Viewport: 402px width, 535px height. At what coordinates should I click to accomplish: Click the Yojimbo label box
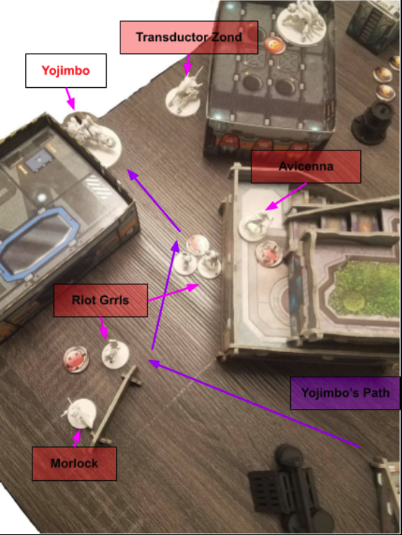(x=66, y=71)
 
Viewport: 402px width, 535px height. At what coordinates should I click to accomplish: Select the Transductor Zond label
(x=189, y=37)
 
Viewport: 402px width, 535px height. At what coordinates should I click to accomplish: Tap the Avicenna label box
(x=305, y=166)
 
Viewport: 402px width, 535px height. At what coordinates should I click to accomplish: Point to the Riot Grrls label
(x=101, y=300)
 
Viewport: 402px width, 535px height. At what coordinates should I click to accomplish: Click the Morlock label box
(x=74, y=463)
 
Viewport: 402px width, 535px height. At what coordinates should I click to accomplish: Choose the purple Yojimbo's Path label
(x=345, y=392)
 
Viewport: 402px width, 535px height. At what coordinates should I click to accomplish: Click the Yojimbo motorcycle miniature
(x=92, y=137)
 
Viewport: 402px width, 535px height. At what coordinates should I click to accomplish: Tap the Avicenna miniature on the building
(x=255, y=225)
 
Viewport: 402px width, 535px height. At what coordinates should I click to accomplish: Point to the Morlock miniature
(x=79, y=412)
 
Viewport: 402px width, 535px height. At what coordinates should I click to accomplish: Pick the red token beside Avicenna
(x=269, y=253)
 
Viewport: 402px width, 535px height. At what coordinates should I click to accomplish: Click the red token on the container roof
(x=274, y=45)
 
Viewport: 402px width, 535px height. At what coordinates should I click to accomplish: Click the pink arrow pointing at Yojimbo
(x=71, y=99)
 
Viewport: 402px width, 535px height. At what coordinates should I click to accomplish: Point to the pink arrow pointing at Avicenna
(x=285, y=197)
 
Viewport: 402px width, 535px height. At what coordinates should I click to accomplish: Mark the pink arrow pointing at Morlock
(x=77, y=438)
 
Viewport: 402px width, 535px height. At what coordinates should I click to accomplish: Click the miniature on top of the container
(x=301, y=22)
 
